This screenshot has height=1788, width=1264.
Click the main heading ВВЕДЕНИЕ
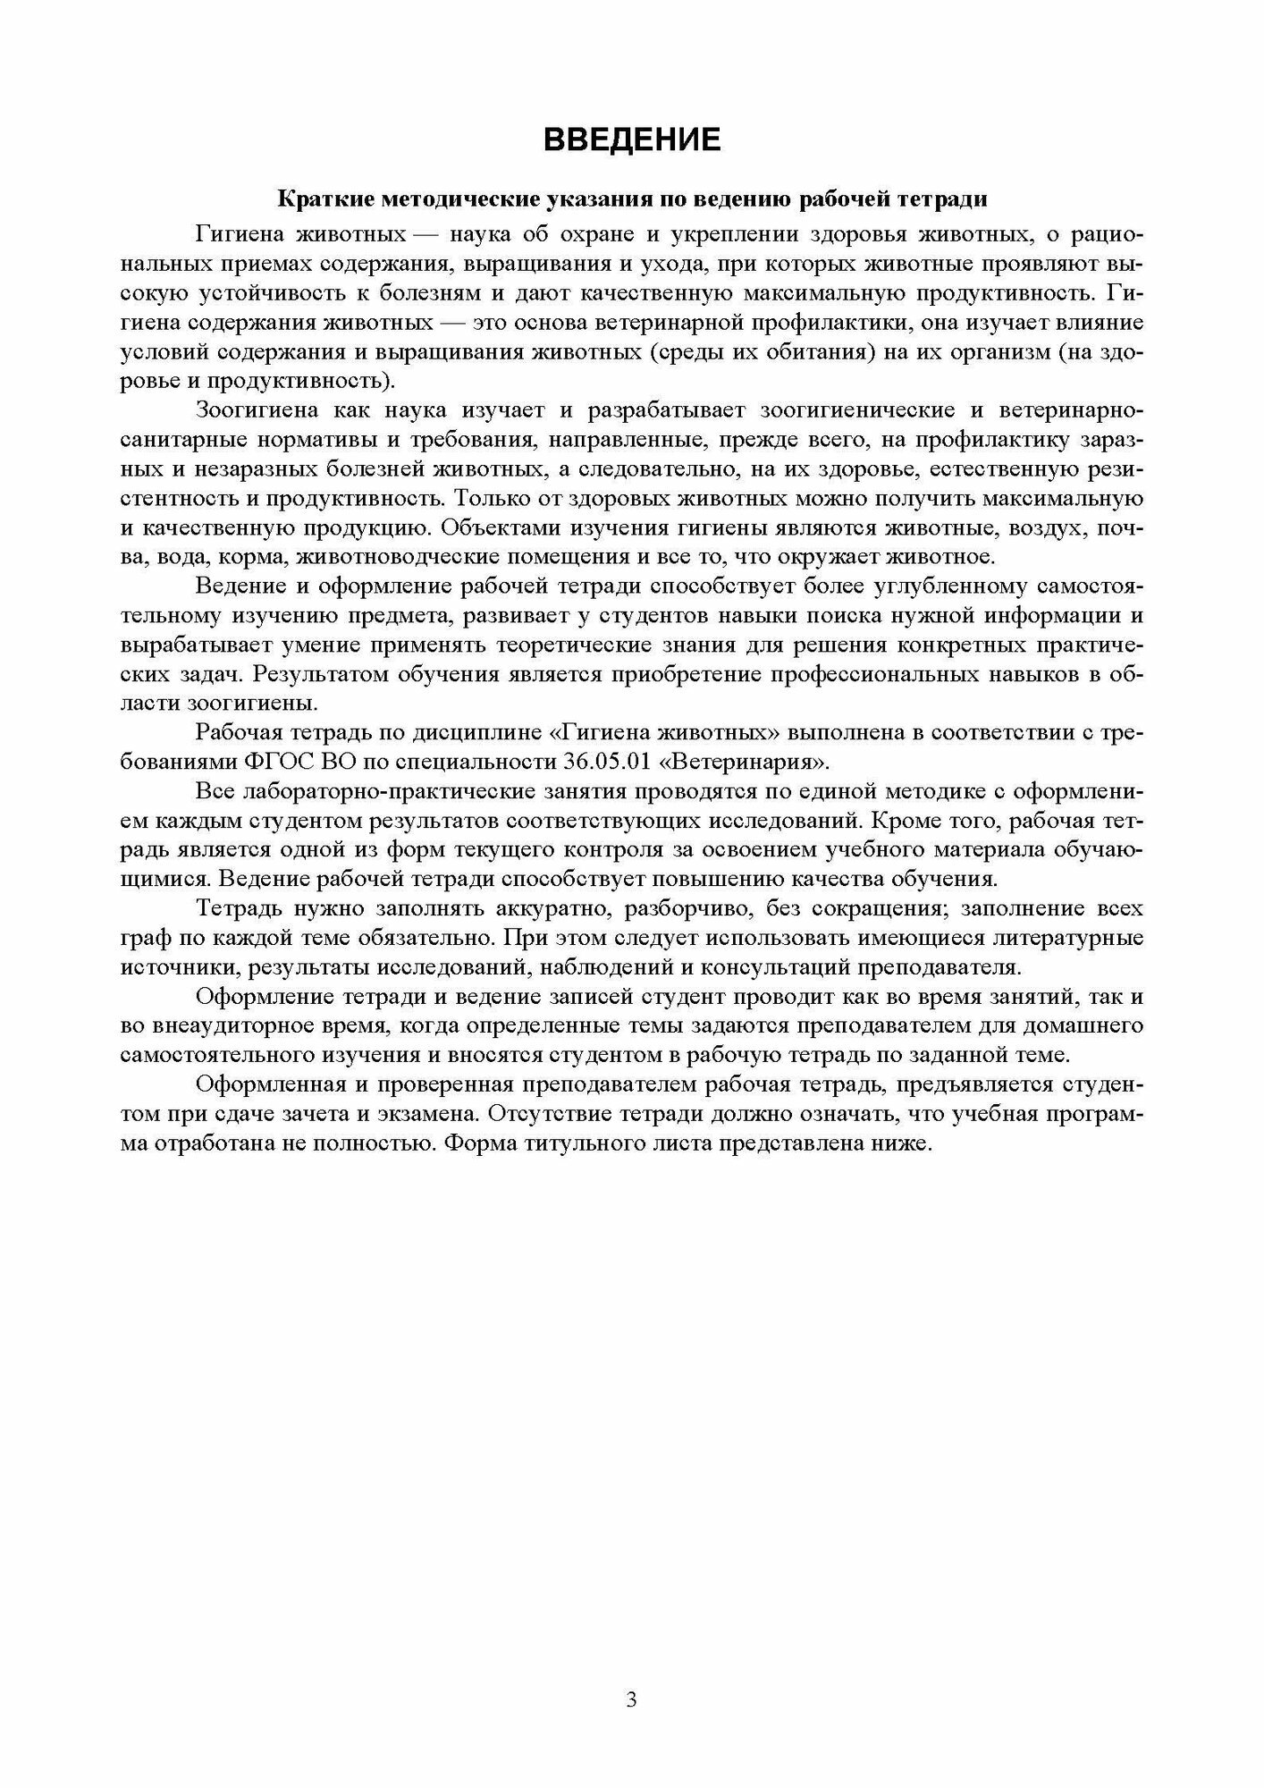pos(632,140)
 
